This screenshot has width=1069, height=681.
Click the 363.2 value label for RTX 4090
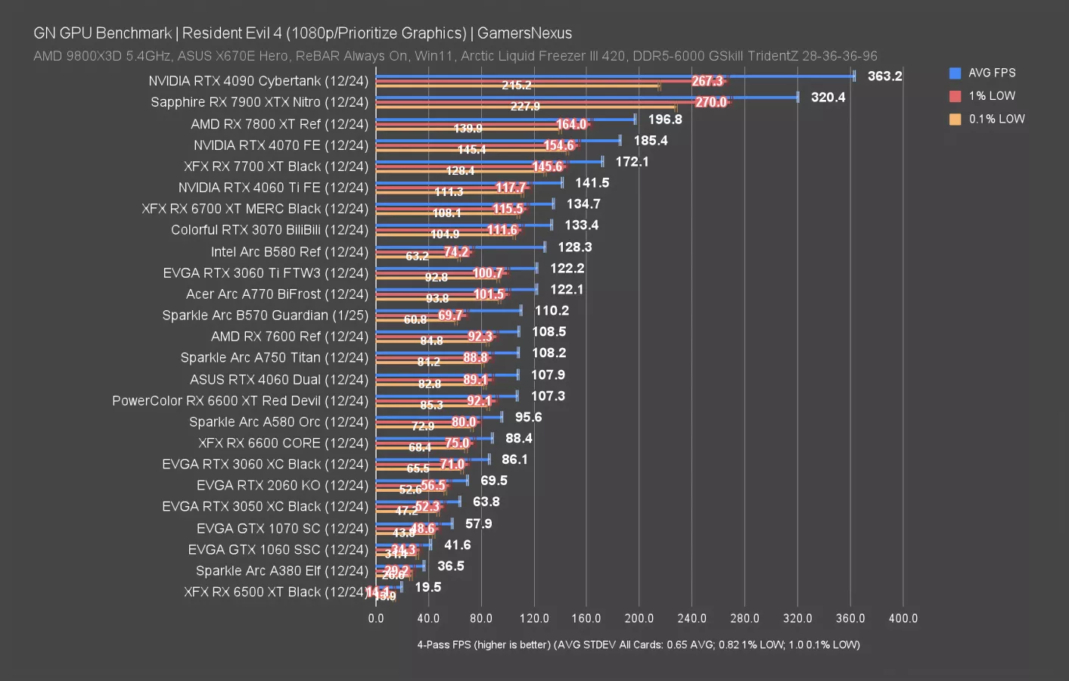[x=884, y=76]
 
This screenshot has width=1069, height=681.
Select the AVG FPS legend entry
[x=991, y=73]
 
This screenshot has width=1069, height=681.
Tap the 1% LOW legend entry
[x=991, y=96]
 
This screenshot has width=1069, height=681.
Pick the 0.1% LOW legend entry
[x=996, y=119]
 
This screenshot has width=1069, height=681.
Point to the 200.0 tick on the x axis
[x=639, y=618]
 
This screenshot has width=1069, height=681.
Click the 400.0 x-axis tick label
[x=903, y=618]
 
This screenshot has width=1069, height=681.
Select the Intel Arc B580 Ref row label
[x=289, y=251]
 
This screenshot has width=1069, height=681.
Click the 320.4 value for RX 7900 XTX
[x=828, y=97]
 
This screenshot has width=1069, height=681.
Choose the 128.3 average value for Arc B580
[x=574, y=247]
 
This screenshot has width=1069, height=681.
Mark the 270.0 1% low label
[x=710, y=102]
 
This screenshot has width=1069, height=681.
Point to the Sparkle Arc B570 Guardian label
[x=265, y=315]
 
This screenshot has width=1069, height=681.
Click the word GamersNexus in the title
[x=524, y=33]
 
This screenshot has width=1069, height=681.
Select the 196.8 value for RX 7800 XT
[x=664, y=119]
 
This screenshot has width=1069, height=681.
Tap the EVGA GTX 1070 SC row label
[x=282, y=528]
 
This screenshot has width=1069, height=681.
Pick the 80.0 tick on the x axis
[x=480, y=618]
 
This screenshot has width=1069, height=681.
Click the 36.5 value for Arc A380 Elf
[x=450, y=566]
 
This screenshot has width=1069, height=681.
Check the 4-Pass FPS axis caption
[x=638, y=645]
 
